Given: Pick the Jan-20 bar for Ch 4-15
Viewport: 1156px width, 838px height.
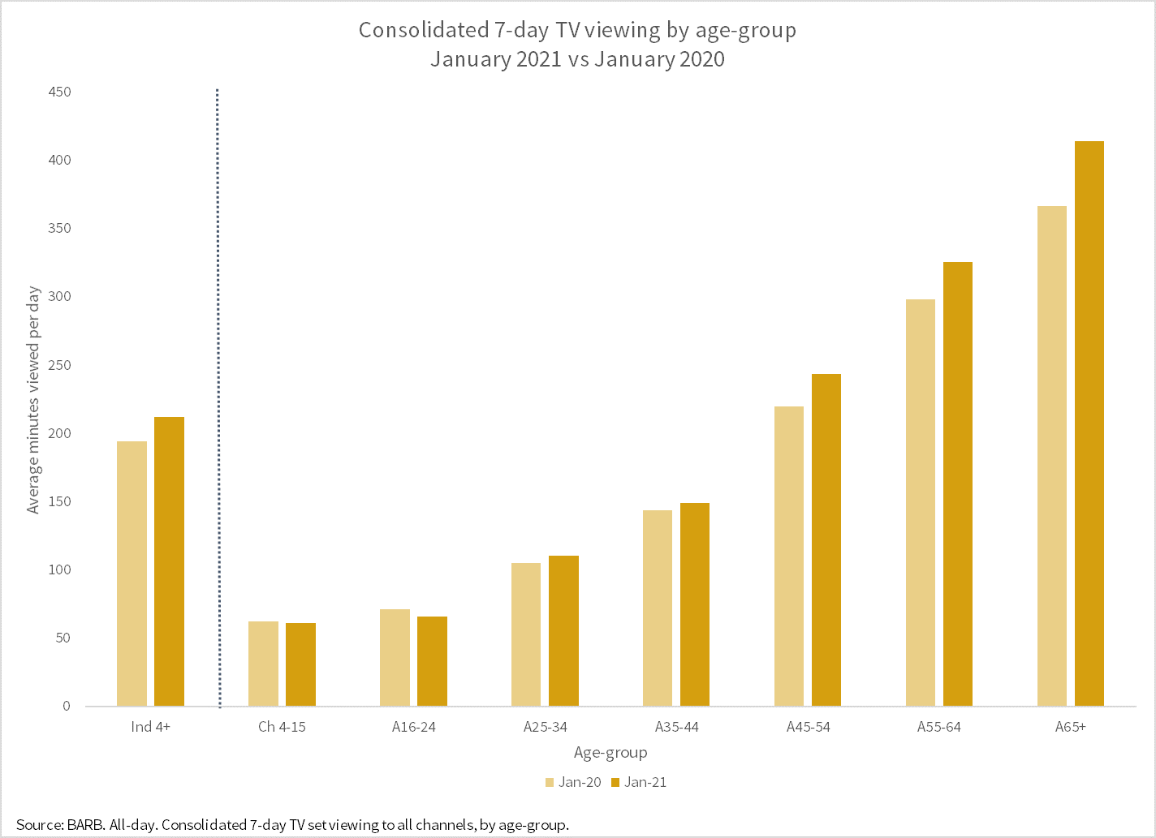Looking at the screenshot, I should point(263,664).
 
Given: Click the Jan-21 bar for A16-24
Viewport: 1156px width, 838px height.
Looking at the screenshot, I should point(432,661).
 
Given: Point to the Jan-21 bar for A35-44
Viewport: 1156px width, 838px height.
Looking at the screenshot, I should point(695,604).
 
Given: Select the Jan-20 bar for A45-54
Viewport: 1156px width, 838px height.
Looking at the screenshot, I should point(789,556).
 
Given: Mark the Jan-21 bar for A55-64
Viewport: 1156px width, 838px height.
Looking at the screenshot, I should point(958,483).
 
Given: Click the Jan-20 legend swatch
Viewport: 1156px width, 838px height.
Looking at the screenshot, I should point(550,783).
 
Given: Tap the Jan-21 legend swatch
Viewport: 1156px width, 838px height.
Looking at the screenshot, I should point(615,783).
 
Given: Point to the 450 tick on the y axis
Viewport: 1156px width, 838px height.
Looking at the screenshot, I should point(60,92).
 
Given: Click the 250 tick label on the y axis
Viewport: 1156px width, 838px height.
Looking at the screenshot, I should point(60,365).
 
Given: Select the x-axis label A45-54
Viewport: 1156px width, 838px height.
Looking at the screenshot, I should point(809,727).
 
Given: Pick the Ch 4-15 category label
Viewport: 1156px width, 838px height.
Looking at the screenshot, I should point(282,727).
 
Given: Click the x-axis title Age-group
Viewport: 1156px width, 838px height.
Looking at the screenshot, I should point(610,753).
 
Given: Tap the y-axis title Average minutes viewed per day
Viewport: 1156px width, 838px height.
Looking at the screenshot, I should point(33,400).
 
